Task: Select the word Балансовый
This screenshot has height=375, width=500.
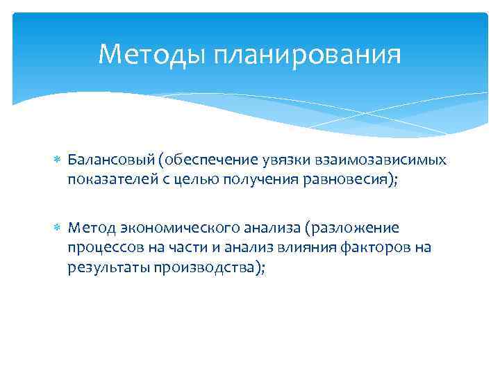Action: point(110,160)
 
